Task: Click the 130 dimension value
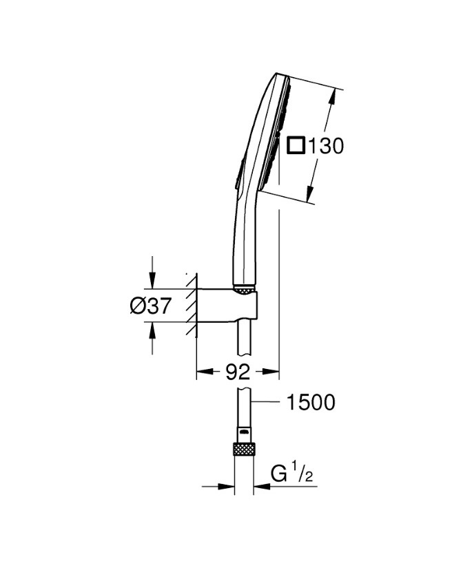[326, 146]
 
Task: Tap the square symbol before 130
[296, 145]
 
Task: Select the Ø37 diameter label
[150, 306]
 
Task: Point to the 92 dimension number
[238, 372]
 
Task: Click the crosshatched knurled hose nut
[244, 450]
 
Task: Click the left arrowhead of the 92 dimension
[202, 372]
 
